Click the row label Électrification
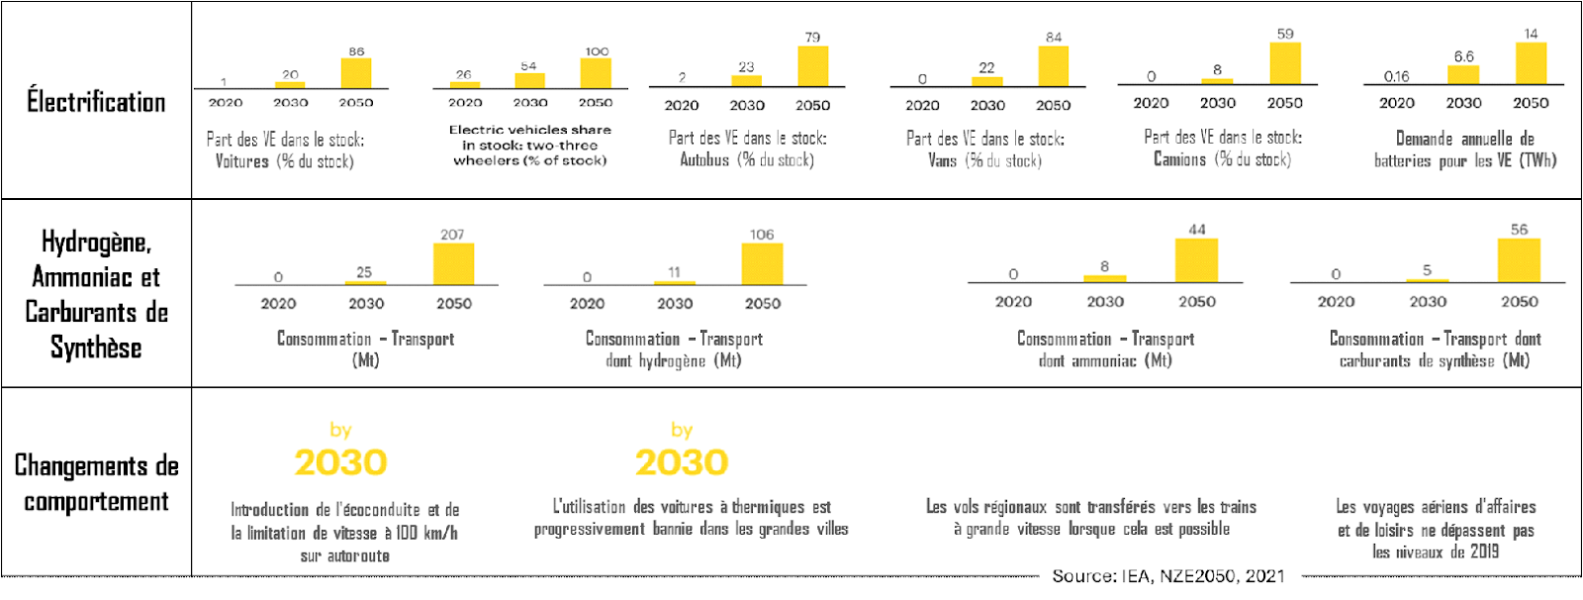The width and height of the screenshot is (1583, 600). [96, 102]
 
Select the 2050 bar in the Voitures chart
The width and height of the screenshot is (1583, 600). [356, 73]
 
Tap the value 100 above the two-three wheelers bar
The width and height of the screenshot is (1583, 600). [597, 51]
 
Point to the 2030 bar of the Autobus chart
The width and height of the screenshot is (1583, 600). [746, 81]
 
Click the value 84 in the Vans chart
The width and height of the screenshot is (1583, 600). [1054, 38]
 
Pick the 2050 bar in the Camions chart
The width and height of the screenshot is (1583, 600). [1285, 63]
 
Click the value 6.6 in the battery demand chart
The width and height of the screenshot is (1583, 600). [1463, 56]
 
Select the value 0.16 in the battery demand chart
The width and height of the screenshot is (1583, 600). [1396, 76]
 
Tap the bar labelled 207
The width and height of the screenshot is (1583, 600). [453, 264]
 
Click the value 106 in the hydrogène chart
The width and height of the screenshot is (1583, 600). [762, 235]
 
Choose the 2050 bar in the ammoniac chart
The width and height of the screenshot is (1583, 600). [1196, 260]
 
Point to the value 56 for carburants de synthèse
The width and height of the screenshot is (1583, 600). [1519, 230]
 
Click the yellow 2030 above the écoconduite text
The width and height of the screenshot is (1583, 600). [340, 462]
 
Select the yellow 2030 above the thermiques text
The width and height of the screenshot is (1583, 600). [682, 462]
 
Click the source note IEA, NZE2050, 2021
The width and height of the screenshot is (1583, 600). [1168, 576]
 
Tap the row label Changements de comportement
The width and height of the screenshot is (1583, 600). [96, 483]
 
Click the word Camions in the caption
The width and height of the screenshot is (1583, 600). [1179, 159]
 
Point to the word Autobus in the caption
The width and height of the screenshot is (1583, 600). [704, 159]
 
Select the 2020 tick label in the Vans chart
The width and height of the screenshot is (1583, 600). [922, 105]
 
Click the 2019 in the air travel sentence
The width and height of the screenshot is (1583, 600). [1484, 552]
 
